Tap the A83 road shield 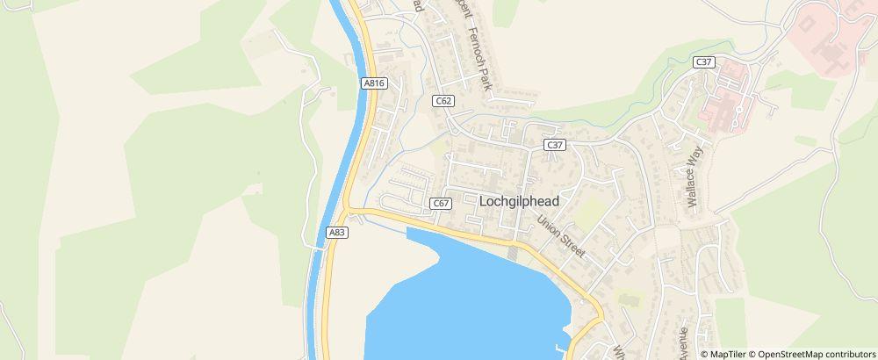pyautogui.click(x=335, y=232)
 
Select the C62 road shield pyautogui.click(x=443, y=102)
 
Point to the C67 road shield pyautogui.click(x=442, y=204)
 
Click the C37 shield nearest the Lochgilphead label pyautogui.click(x=553, y=145)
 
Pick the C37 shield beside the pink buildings pyautogui.click(x=702, y=61)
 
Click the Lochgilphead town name pyautogui.click(x=519, y=201)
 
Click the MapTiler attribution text pyautogui.click(x=728, y=354)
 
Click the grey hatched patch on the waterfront pyautogui.click(x=514, y=254)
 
